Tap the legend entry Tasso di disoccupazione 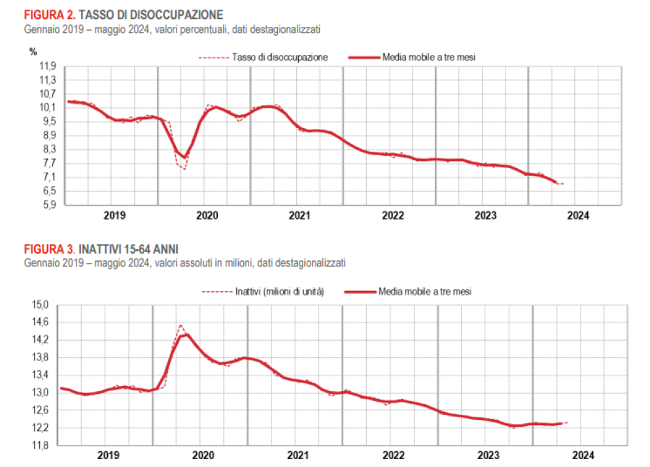pos(279,58)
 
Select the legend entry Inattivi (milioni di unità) pos(279,291)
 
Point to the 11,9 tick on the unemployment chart pos(48,66)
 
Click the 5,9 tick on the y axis pos(50,205)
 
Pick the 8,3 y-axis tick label pos(50,149)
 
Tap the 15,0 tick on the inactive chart pos(41,305)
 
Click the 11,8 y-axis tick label pos(41,445)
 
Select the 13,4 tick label pos(41,375)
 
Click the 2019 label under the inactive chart pos(107,455)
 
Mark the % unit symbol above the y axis pos(33,51)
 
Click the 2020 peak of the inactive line pos(182,325)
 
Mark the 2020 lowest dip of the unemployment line pos(184,169)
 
